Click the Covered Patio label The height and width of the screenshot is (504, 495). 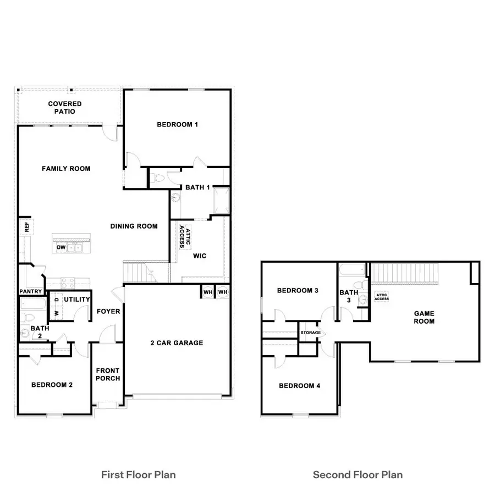pyautogui.click(x=65, y=108)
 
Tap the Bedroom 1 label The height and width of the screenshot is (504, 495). pyautogui.click(x=177, y=125)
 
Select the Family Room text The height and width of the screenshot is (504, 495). pyautogui.click(x=66, y=169)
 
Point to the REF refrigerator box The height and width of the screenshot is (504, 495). pyautogui.click(x=25, y=227)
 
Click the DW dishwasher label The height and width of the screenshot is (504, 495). pyautogui.click(x=61, y=248)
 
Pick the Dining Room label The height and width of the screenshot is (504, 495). pyautogui.click(x=134, y=226)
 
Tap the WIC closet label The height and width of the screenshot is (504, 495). pyautogui.click(x=199, y=256)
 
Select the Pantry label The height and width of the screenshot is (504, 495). pyautogui.click(x=31, y=291)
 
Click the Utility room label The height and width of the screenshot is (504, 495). pyautogui.click(x=77, y=300)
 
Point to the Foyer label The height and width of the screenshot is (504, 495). pyautogui.click(x=108, y=312)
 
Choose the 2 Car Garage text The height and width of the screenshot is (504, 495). pyautogui.click(x=177, y=343)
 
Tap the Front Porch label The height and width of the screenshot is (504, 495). pyautogui.click(x=108, y=374)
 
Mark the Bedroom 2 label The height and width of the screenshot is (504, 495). pyautogui.click(x=52, y=385)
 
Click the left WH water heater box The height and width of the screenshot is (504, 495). pyautogui.click(x=208, y=292)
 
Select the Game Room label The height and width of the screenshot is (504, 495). pyautogui.click(x=424, y=317)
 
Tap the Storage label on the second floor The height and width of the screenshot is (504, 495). pyautogui.click(x=310, y=333)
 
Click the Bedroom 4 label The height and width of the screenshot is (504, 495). pyautogui.click(x=299, y=386)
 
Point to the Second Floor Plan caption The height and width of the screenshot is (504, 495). pyautogui.click(x=358, y=474)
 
